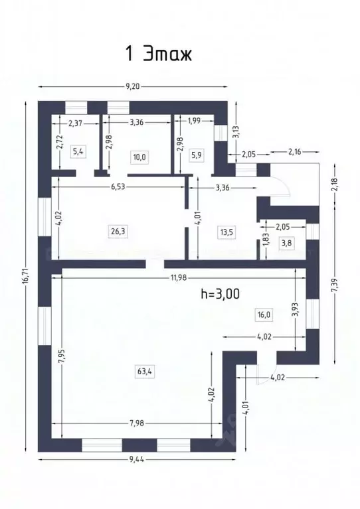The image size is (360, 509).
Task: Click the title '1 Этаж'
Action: [159, 53]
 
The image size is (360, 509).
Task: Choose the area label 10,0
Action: [139, 157]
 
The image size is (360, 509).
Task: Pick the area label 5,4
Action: [78, 151]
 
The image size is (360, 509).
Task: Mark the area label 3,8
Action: [287, 243]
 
